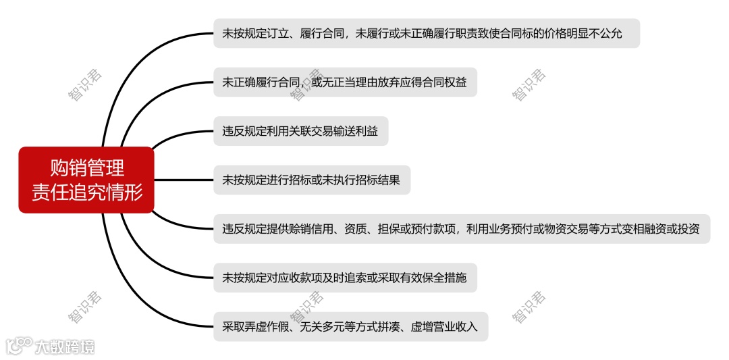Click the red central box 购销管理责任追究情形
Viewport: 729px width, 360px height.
coord(86,180)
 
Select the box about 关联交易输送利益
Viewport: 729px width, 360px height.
coord(300,130)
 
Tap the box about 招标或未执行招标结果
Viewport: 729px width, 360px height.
coord(311,180)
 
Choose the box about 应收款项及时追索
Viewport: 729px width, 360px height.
coord(345,278)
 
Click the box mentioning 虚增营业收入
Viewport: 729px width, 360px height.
coord(350,327)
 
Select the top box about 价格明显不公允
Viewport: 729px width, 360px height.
coord(426,33)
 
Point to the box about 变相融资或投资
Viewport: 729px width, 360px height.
coord(462,228)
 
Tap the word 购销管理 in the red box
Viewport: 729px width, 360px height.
coord(87,168)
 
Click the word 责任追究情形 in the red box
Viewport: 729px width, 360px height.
coord(87,192)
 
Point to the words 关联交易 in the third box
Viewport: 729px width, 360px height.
coord(310,130)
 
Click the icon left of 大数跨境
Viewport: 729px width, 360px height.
coord(18,346)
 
